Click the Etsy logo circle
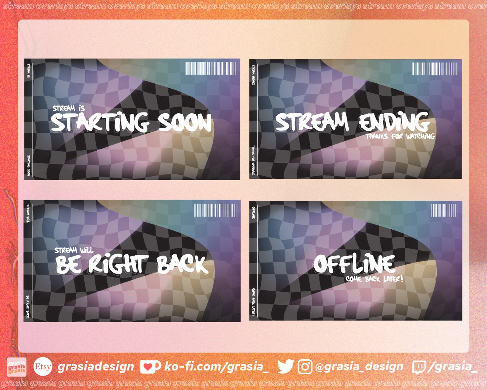[x=43, y=366]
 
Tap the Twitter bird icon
[x=285, y=366]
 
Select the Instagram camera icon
[x=305, y=367]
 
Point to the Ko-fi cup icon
[x=150, y=367]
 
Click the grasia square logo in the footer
[x=17, y=367]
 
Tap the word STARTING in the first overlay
[x=100, y=123]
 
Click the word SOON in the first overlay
[x=185, y=123]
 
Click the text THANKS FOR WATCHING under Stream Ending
[x=400, y=136]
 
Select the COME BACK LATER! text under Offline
[x=374, y=279]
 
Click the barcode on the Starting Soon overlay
[x=211, y=68]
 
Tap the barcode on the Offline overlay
[x=444, y=210]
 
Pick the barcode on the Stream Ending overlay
[x=435, y=69]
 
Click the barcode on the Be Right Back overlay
[x=216, y=210]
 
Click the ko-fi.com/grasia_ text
[x=216, y=366]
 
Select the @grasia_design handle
[x=359, y=366]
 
